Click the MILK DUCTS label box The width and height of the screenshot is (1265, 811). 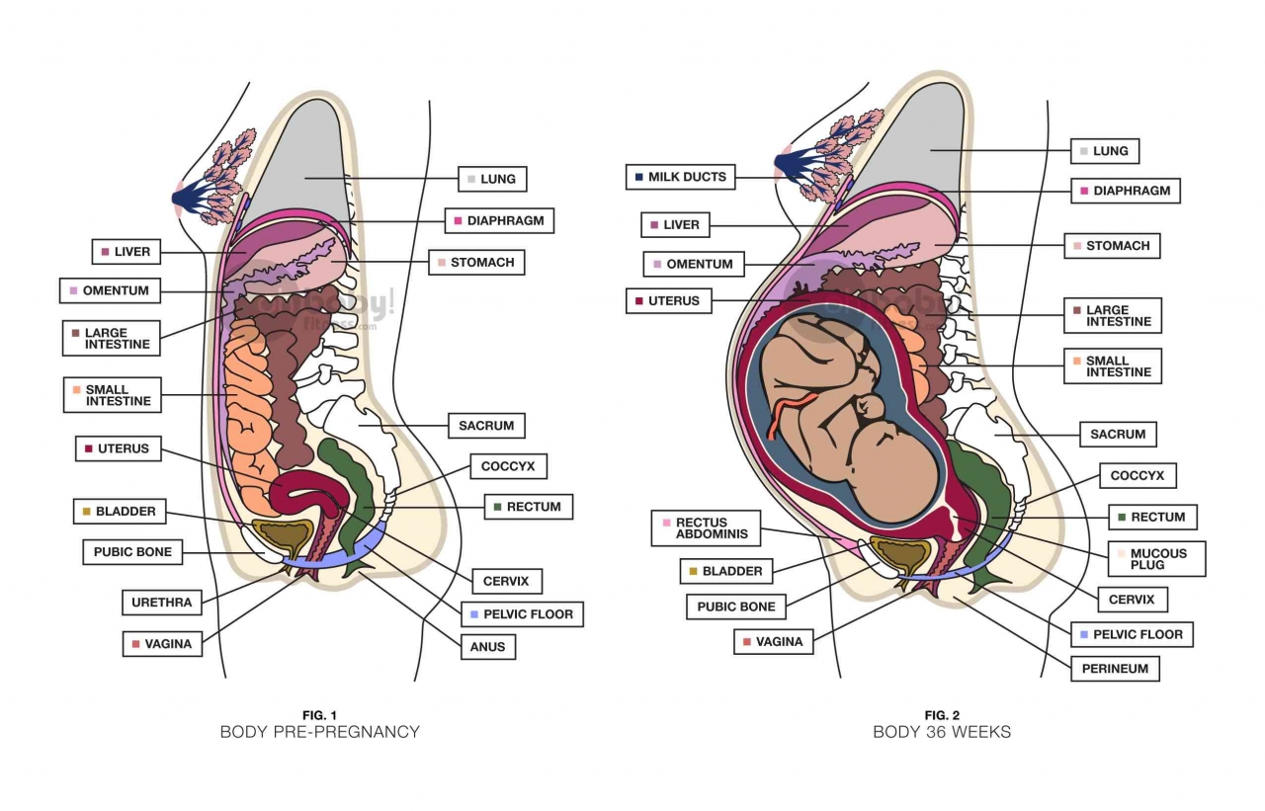tap(680, 177)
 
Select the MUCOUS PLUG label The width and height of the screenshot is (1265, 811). tap(1155, 559)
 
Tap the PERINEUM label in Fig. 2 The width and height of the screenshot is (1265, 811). tap(1115, 669)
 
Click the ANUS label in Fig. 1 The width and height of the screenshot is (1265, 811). tap(487, 647)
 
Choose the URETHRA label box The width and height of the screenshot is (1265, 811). tap(161, 602)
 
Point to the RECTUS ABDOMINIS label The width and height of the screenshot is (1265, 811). tap(705, 528)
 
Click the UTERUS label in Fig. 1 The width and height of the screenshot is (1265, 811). tap(117, 448)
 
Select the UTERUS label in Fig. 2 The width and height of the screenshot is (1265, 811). tap(668, 300)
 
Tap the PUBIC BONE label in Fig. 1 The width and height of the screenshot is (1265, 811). tap(132, 552)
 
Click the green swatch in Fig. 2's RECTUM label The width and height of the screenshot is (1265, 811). tap(1122, 517)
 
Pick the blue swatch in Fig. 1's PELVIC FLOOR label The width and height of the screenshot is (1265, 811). tap(474, 614)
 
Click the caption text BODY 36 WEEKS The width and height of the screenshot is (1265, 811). tap(941, 732)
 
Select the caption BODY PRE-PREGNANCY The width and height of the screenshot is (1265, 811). tap(319, 732)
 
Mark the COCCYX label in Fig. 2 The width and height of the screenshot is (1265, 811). tap(1137, 476)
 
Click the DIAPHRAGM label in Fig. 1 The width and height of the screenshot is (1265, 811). tap(498, 220)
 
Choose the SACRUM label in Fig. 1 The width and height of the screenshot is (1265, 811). tap(485, 426)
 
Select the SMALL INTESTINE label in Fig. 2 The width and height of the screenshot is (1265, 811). tap(1112, 366)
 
